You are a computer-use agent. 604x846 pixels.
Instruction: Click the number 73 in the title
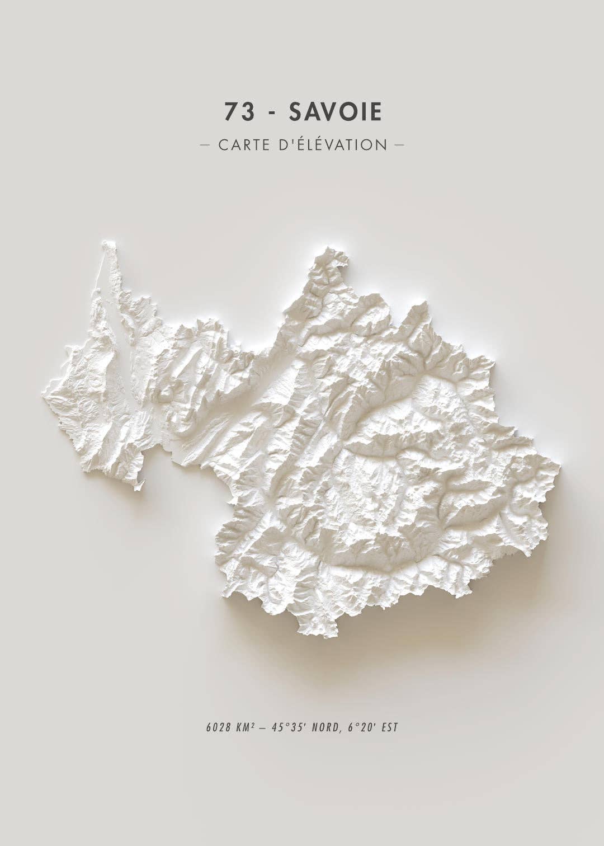click(x=239, y=112)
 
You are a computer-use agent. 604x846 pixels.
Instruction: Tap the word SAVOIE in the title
click(x=336, y=112)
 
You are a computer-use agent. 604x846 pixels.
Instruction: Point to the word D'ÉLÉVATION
click(x=332, y=145)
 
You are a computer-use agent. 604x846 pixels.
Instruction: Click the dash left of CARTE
click(x=205, y=145)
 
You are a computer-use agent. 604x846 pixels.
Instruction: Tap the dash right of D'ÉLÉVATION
click(x=399, y=145)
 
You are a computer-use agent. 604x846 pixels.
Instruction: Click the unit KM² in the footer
click(x=246, y=728)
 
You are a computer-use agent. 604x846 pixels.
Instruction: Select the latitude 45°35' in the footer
click(x=289, y=728)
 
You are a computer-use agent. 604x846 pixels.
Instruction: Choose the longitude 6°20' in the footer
click(x=361, y=728)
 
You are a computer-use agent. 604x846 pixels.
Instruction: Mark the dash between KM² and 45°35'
click(x=263, y=728)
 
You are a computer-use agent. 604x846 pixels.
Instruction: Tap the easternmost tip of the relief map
click(x=559, y=464)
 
